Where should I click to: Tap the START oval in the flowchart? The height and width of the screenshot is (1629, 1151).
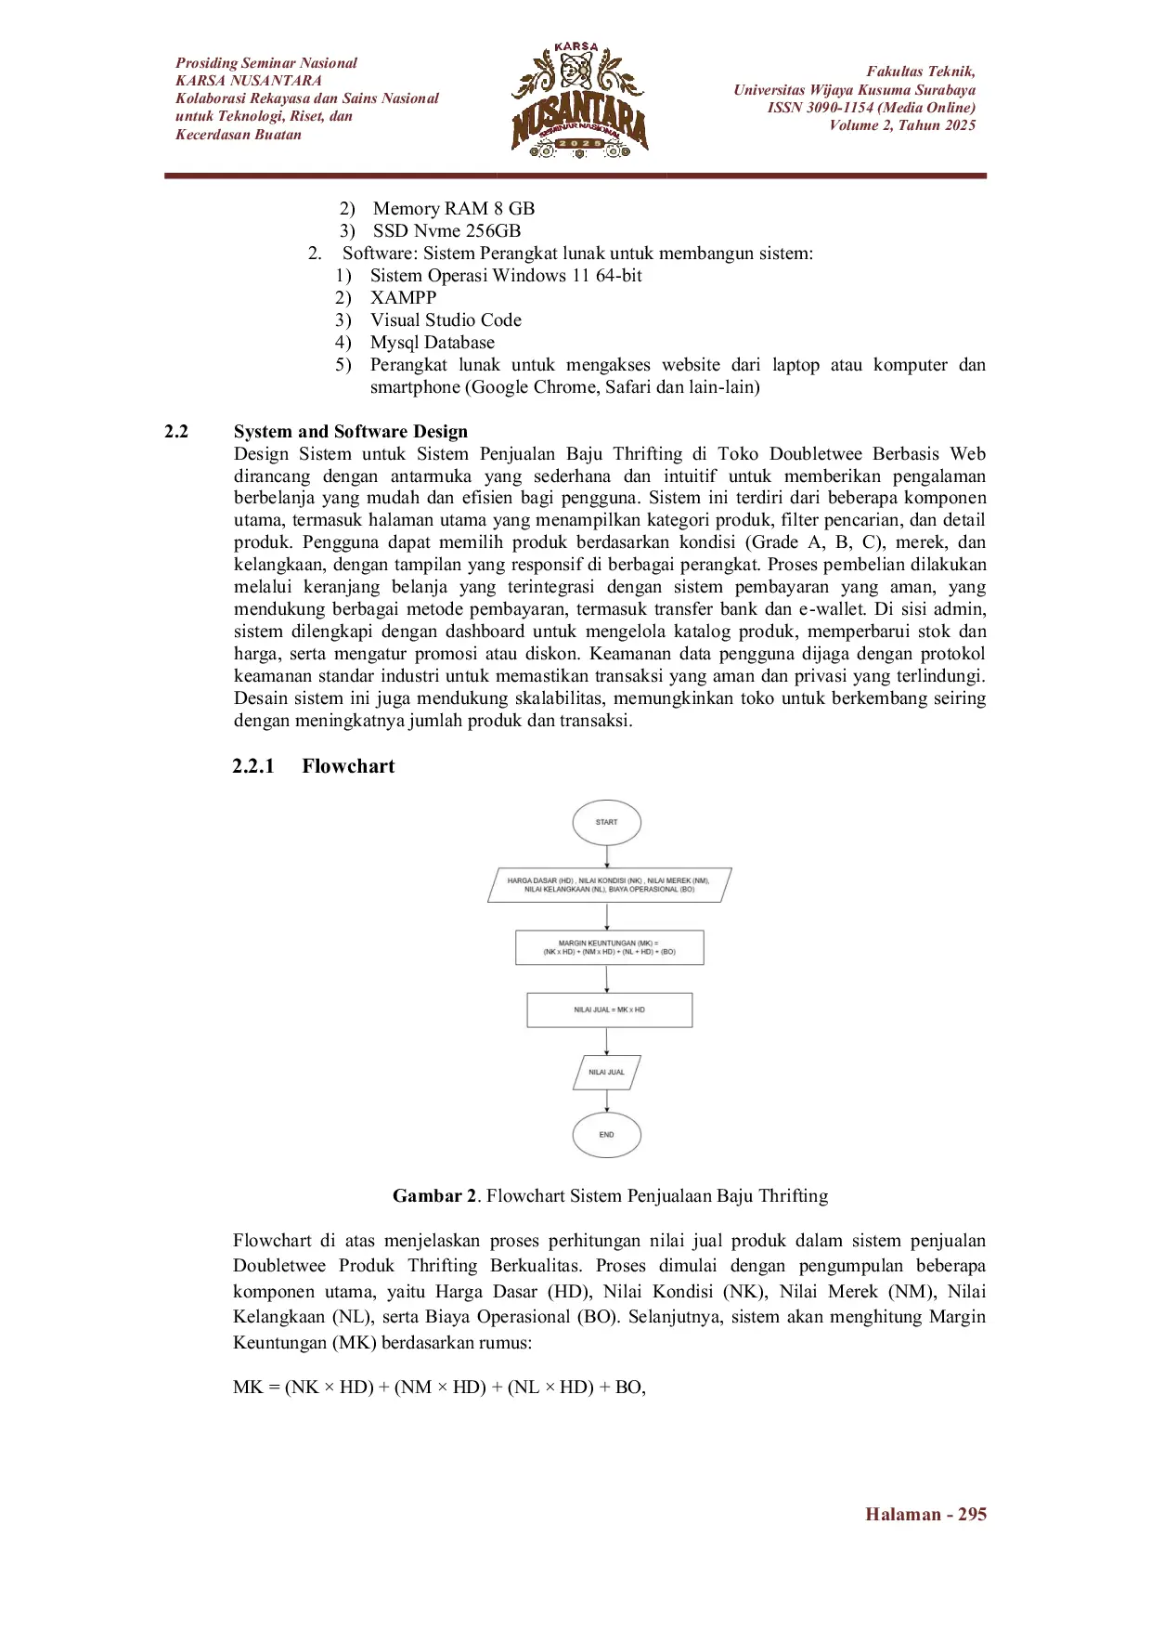pyautogui.click(x=607, y=822)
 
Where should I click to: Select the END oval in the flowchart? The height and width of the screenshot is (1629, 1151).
pyautogui.click(x=607, y=1134)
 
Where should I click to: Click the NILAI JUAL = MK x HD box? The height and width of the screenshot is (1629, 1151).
pyautogui.click(x=609, y=1010)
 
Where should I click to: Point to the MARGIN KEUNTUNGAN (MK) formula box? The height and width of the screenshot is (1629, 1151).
pyautogui.click(x=609, y=947)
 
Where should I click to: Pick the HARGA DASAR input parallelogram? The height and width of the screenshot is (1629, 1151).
pyautogui.click(x=609, y=884)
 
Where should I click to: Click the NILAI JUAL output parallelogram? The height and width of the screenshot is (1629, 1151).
pyautogui.click(x=607, y=1072)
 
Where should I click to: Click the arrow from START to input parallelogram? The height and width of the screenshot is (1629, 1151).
pyautogui.click(x=607, y=856)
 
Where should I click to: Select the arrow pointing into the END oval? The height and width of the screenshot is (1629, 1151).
pyautogui.click(x=607, y=1101)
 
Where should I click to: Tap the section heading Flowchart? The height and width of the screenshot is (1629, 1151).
pyautogui.click(x=348, y=766)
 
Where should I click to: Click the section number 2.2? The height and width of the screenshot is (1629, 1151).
pyautogui.click(x=176, y=432)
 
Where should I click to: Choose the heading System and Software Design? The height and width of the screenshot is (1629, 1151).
pyautogui.click(x=351, y=432)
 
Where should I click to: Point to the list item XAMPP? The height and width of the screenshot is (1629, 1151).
pyautogui.click(x=403, y=298)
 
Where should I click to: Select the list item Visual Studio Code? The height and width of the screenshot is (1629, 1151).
pyautogui.click(x=446, y=320)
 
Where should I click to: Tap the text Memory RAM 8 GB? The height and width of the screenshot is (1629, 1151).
pyautogui.click(x=454, y=209)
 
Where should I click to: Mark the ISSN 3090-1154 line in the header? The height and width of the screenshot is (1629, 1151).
pyautogui.click(x=871, y=108)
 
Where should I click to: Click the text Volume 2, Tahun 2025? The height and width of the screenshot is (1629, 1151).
pyautogui.click(x=902, y=125)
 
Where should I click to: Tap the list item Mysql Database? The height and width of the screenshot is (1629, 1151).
pyautogui.click(x=433, y=343)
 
